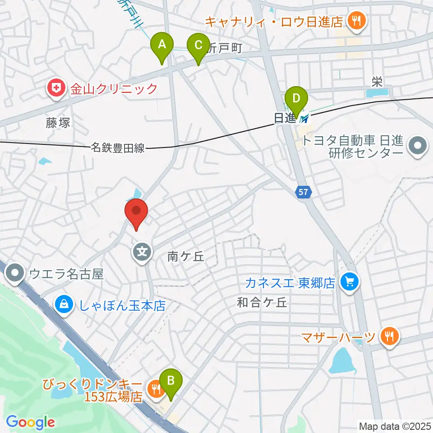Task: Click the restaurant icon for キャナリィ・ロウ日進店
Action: click(x=356, y=20)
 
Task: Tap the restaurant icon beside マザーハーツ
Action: click(x=387, y=336)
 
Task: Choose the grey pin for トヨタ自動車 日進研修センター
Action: click(x=417, y=147)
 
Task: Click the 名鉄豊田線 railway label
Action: click(x=118, y=147)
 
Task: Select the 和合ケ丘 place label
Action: click(x=262, y=303)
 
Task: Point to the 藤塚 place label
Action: click(x=58, y=122)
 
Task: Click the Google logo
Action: click(x=30, y=422)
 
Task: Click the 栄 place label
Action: click(x=377, y=82)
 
